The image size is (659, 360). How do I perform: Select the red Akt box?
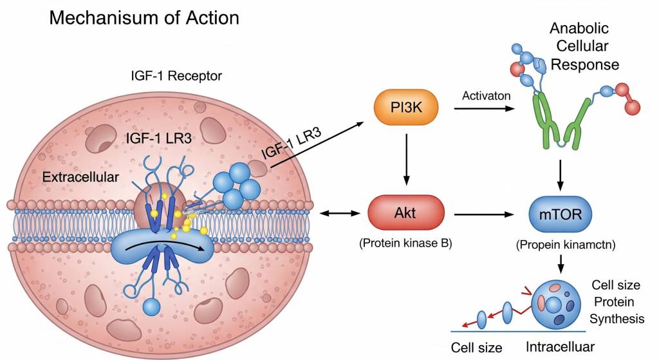pyautogui.click(x=406, y=213)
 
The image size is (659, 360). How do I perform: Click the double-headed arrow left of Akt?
pyautogui.click(x=339, y=213)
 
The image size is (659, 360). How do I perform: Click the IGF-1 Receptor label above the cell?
pyautogui.click(x=176, y=77)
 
